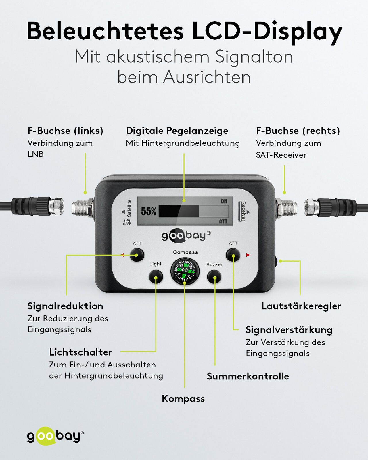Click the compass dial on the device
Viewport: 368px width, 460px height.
click(185, 271)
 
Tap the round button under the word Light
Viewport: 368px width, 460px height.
click(156, 277)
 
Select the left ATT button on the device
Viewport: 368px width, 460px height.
click(137, 255)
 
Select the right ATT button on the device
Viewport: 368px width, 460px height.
click(233, 255)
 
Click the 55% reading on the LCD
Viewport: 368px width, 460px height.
click(149, 211)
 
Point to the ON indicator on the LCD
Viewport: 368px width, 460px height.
click(224, 201)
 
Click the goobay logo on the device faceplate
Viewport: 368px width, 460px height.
click(186, 236)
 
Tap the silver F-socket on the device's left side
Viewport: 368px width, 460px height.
click(83, 208)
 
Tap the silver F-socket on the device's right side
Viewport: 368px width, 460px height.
click(287, 207)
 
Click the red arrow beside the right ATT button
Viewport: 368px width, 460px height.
click(248, 255)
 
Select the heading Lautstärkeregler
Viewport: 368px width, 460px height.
click(301, 306)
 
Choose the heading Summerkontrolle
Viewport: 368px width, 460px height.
click(248, 376)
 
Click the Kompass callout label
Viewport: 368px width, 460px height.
click(183, 399)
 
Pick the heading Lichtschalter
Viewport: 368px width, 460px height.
click(80, 352)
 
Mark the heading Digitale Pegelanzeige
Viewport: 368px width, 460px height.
click(177, 131)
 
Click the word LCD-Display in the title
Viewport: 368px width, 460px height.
click(267, 31)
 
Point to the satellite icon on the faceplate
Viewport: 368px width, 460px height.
click(127, 222)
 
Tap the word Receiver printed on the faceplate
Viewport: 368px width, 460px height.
click(244, 211)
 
